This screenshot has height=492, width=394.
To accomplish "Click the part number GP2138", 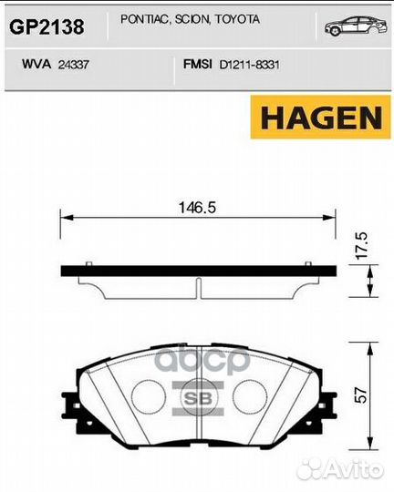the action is point(47,26).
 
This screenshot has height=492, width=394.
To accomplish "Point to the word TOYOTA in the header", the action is point(237,19).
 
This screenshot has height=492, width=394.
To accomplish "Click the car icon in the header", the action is point(356,26).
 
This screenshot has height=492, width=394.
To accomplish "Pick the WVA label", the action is point(36,65).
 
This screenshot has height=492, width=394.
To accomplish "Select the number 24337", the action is point(74,65).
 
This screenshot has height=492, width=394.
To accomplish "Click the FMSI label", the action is point(198,65).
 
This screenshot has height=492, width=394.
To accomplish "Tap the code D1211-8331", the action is point(250,65).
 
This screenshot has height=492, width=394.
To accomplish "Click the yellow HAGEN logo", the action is point(320,117).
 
